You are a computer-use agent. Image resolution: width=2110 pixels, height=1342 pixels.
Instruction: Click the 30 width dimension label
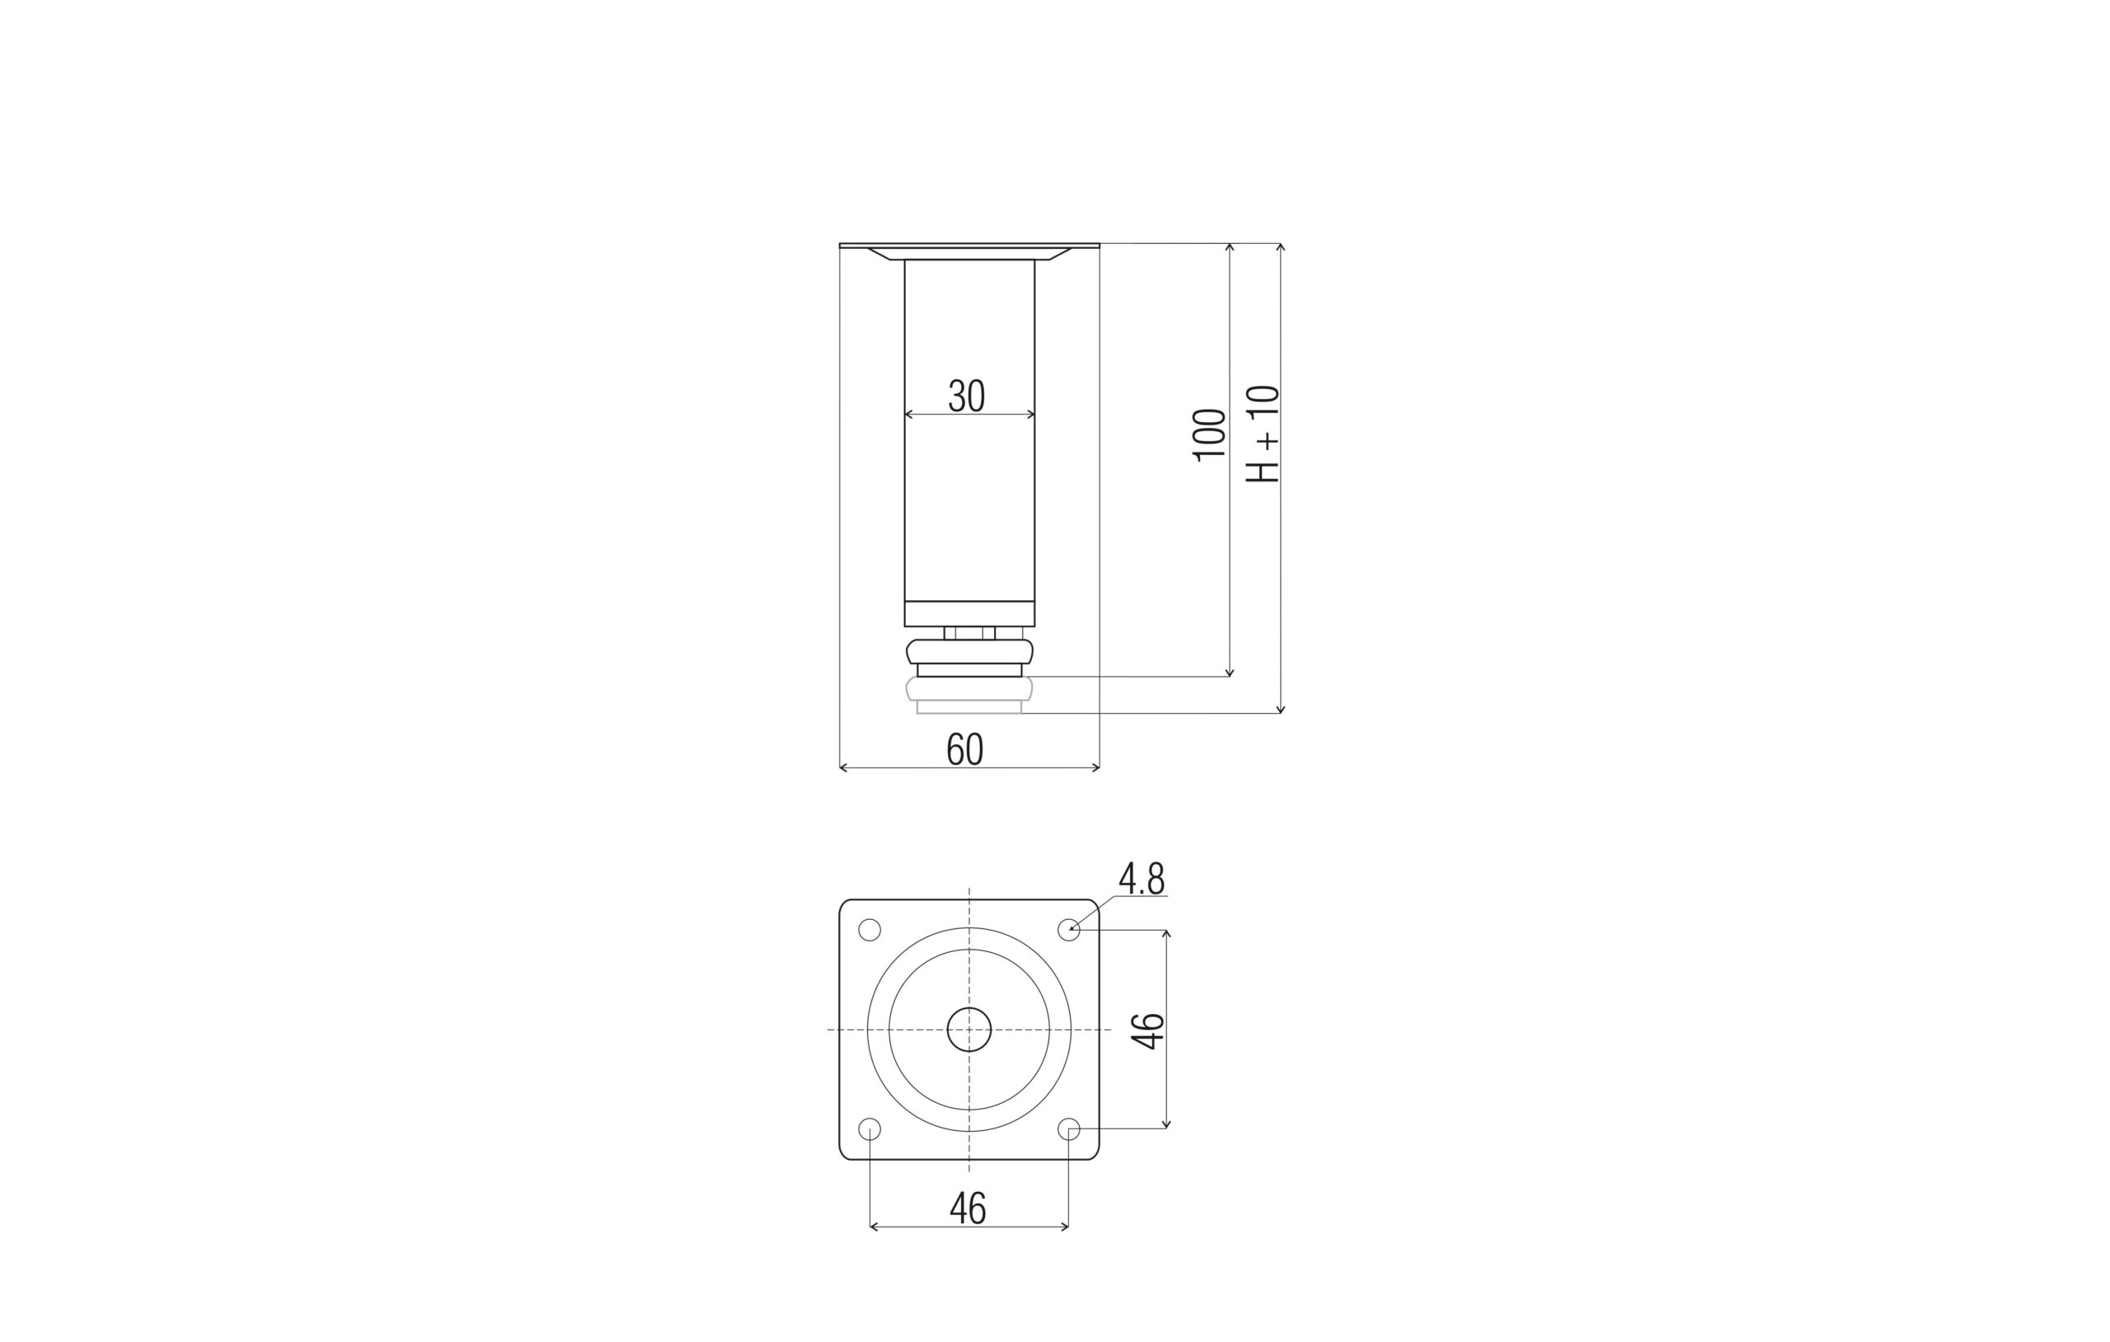[x=967, y=396]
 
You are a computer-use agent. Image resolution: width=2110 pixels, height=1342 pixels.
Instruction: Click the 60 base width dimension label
[x=964, y=749]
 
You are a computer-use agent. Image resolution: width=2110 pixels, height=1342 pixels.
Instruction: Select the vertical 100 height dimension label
[x=1209, y=434]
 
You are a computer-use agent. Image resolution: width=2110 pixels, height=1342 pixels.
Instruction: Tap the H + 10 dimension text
[x=1263, y=434]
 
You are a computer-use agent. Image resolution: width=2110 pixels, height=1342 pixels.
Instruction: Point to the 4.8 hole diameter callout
[x=1142, y=878]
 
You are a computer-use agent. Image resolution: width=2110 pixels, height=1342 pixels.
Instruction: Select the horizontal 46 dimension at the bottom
[x=968, y=1208]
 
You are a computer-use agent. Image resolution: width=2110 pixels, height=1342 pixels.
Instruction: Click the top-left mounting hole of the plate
[x=870, y=930]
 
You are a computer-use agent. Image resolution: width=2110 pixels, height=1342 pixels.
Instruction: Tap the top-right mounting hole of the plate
[x=1069, y=930]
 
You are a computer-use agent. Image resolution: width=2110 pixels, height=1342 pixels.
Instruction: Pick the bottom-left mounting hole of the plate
[x=870, y=1129]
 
